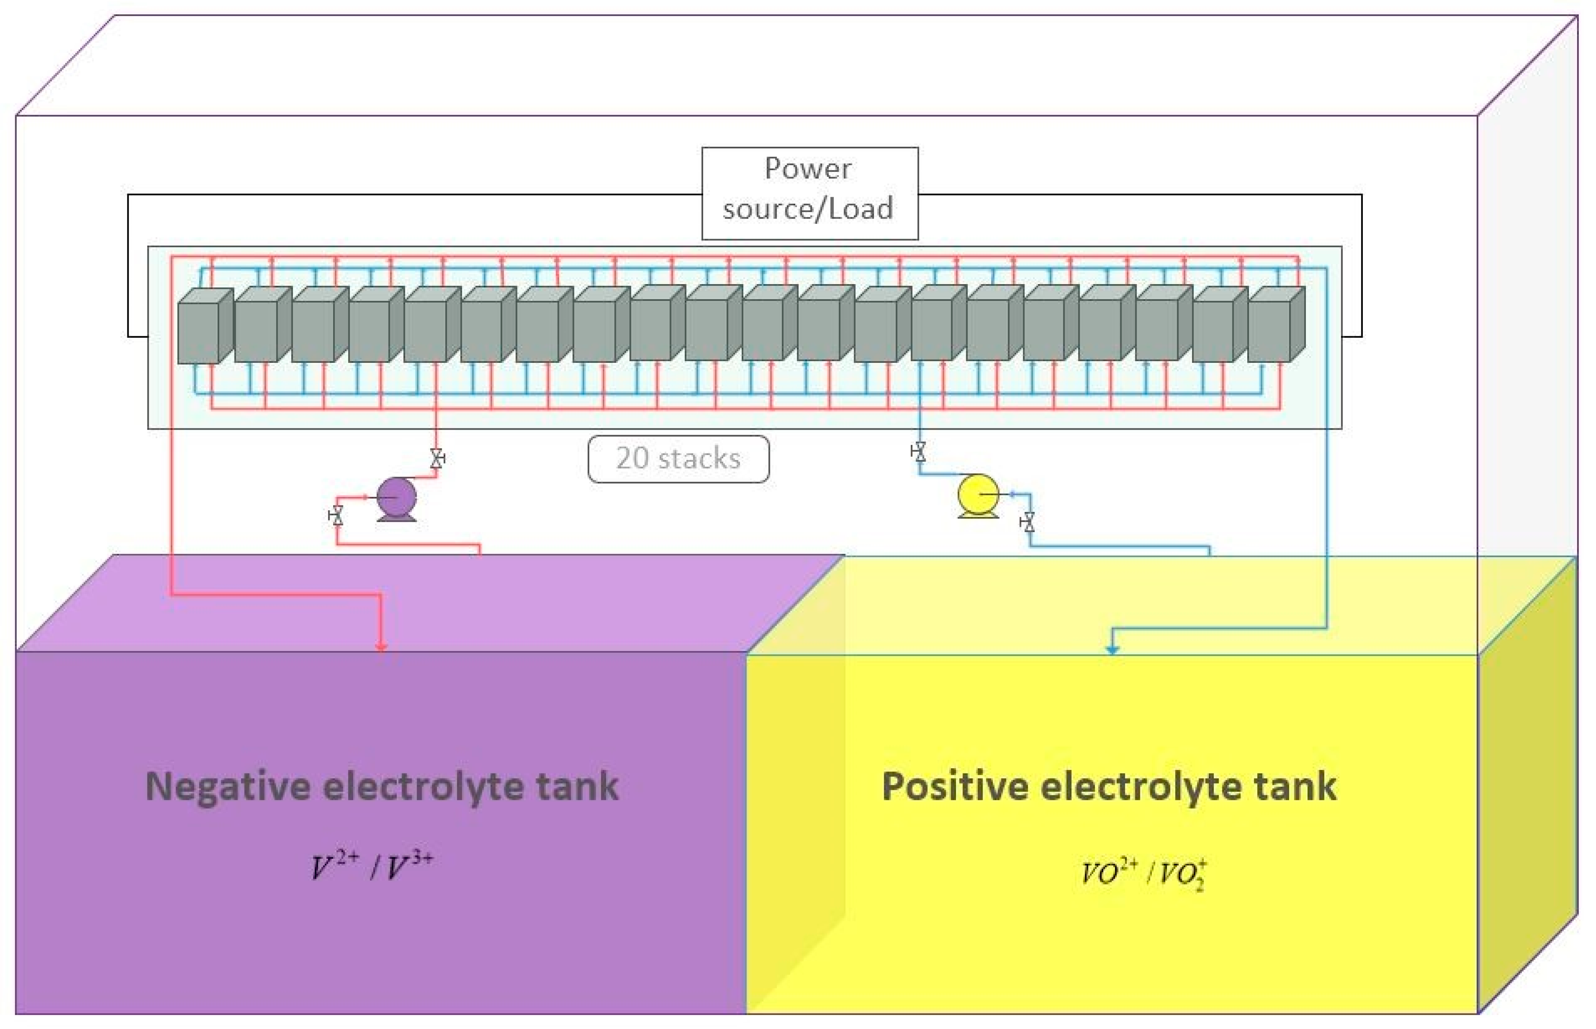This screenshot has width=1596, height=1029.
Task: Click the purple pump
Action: tap(397, 497)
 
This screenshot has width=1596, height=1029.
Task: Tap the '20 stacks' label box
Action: tap(678, 458)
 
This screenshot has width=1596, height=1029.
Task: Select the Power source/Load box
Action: tap(809, 193)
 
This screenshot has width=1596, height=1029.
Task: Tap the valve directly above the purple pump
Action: tap(437, 458)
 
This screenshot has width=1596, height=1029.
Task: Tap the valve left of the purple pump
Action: tap(336, 516)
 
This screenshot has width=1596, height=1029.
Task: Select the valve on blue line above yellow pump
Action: tap(919, 452)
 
